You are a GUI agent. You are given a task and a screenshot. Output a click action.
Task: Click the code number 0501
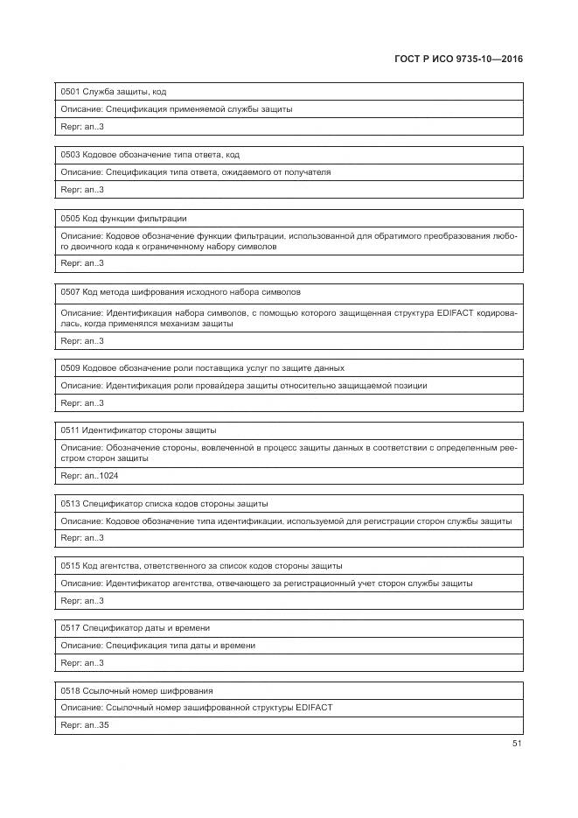point(70,91)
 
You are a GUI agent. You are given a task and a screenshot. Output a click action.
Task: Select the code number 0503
point(70,154)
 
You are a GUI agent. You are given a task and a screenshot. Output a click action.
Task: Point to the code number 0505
point(70,218)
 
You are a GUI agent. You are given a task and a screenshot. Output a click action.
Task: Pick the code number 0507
point(70,291)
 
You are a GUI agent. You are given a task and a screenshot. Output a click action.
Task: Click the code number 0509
point(70,367)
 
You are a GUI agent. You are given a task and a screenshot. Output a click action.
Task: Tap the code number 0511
point(70,430)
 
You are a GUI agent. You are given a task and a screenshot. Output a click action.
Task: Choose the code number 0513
point(70,503)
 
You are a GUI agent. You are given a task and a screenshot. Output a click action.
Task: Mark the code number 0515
point(70,565)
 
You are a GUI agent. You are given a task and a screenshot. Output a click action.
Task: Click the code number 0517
point(70,627)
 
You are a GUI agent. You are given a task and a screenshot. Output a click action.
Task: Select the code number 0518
point(70,690)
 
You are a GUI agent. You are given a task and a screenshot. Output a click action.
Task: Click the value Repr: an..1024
point(89,476)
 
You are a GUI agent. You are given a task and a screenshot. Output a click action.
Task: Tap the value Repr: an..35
point(85,725)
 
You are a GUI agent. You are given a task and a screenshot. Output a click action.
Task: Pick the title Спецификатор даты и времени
point(146,627)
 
